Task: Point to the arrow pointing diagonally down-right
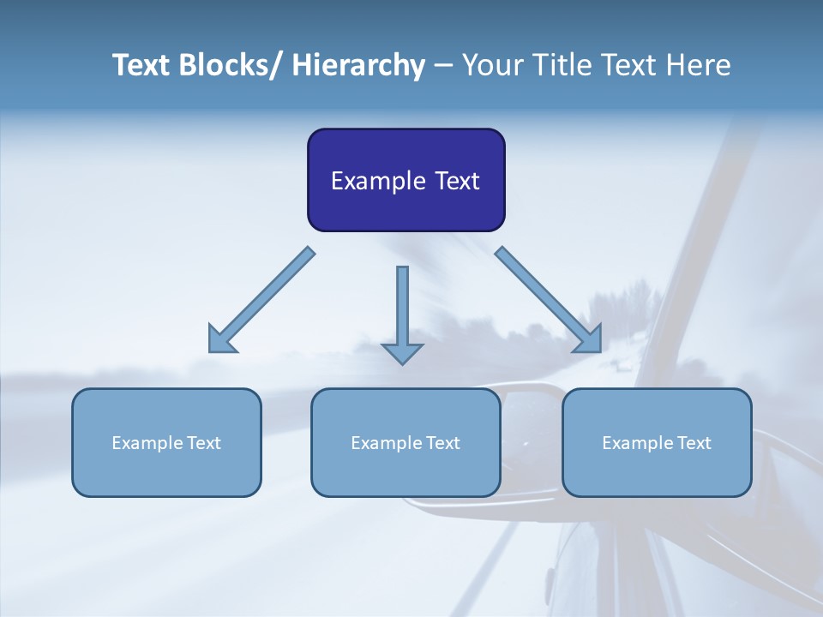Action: (x=550, y=301)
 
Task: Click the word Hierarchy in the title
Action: (x=358, y=65)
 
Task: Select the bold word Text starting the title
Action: (x=141, y=65)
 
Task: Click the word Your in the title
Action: (x=491, y=65)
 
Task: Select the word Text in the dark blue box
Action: (x=456, y=181)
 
